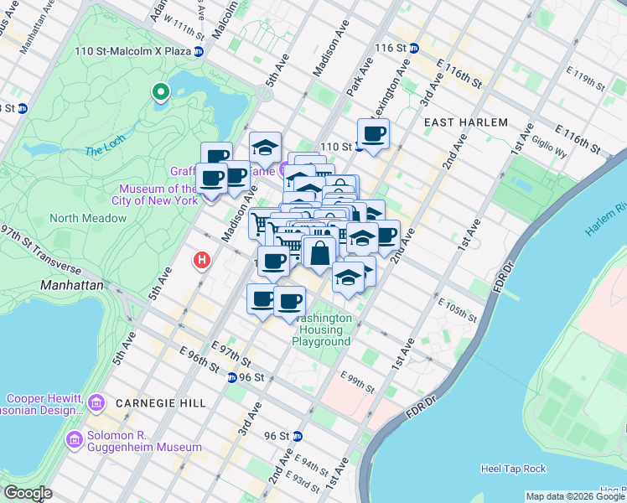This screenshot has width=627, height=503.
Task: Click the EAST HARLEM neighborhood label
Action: coord(465,122)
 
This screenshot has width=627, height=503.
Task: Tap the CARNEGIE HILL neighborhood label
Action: coord(161,403)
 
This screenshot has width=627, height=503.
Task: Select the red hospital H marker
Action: coord(201,261)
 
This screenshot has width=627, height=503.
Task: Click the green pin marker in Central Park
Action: coord(160,91)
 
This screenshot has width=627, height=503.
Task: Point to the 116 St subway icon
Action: coord(412,49)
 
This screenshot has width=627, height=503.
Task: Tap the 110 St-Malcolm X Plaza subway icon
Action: coord(199,52)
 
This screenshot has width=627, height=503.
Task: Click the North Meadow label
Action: coord(88,219)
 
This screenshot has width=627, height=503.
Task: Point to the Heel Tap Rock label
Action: coord(514,468)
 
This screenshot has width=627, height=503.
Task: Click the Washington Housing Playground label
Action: coord(322,330)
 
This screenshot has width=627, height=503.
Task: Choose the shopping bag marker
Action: coord(319,251)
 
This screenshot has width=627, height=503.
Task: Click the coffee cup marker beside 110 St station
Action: coord(373,133)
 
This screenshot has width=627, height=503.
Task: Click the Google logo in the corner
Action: coord(27,493)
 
